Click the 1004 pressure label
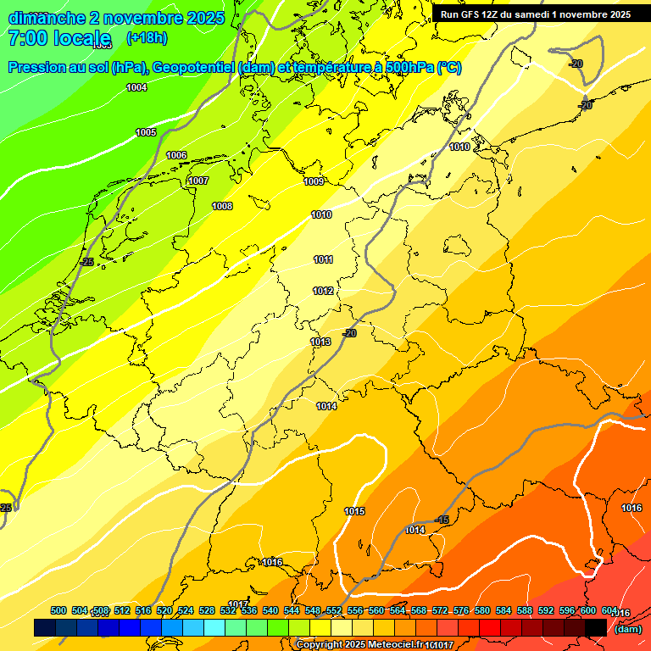(136, 87)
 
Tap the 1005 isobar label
(146, 132)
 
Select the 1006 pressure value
(176, 155)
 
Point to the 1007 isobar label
(198, 181)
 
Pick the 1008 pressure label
(222, 206)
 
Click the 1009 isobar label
(314, 181)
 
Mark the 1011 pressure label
(323, 259)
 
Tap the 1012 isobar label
(323, 291)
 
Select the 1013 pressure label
(320, 342)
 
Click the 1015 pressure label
(354, 511)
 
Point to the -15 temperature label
(442, 519)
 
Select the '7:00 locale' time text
(59, 38)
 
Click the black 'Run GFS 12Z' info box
(535, 14)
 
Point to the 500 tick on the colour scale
(58, 610)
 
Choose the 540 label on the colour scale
(270, 610)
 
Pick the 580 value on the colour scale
(482, 610)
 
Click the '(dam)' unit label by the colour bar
(627, 629)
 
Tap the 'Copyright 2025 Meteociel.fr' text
(359, 645)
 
